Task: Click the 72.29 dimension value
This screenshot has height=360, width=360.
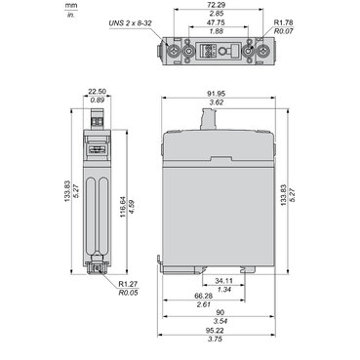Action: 219,5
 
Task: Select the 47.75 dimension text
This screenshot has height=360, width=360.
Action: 219,23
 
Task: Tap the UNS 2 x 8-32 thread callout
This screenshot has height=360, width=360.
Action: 131,23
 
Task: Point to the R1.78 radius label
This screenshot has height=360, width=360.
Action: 284,22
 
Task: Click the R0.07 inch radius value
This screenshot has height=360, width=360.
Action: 284,31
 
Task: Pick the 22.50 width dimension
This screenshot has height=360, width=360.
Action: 98,92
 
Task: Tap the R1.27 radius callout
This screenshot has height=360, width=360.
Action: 128,284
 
